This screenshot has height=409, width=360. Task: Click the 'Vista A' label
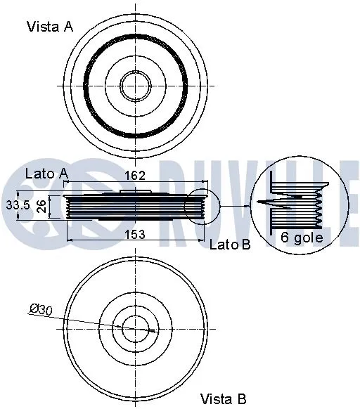pyautogui.click(x=50, y=27)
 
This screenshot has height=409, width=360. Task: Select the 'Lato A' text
pyautogui.click(x=46, y=173)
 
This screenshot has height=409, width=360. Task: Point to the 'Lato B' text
pyautogui.click(x=230, y=244)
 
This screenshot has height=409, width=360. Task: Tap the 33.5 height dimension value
pyautogui.click(x=16, y=206)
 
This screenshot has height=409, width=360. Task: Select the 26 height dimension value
pyautogui.click(x=41, y=206)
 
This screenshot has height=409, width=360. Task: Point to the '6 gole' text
pyautogui.click(x=302, y=237)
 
